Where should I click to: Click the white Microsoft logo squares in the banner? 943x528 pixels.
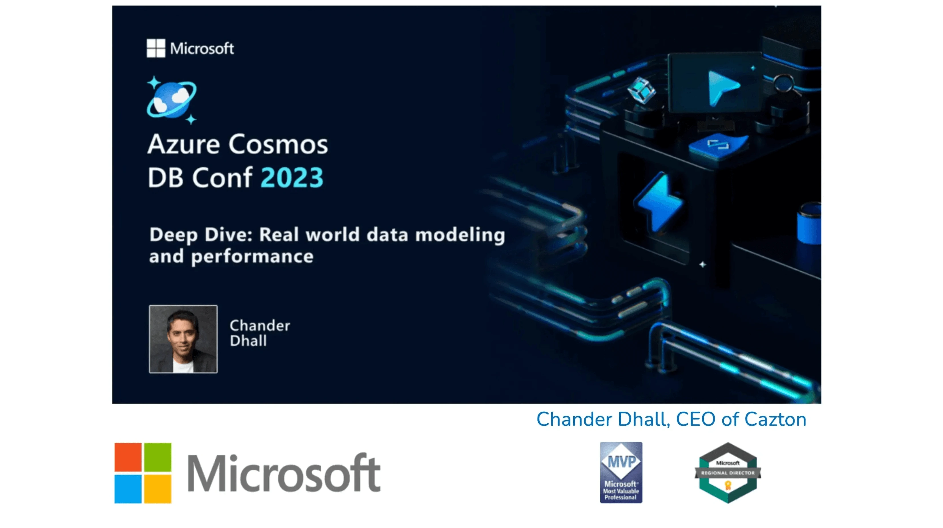(156, 48)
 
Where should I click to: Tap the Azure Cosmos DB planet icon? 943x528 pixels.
(172, 100)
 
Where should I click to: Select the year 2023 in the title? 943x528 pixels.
(292, 178)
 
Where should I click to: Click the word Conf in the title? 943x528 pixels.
(222, 178)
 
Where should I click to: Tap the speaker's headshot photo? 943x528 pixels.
(183, 339)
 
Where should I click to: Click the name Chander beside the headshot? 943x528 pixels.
(260, 325)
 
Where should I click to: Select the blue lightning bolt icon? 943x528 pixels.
(659, 202)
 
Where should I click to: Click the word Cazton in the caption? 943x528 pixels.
(775, 419)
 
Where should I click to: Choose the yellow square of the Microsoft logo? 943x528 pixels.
(158, 489)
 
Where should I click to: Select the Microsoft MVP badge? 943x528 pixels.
(621, 472)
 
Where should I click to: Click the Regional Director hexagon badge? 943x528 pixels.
(728, 472)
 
